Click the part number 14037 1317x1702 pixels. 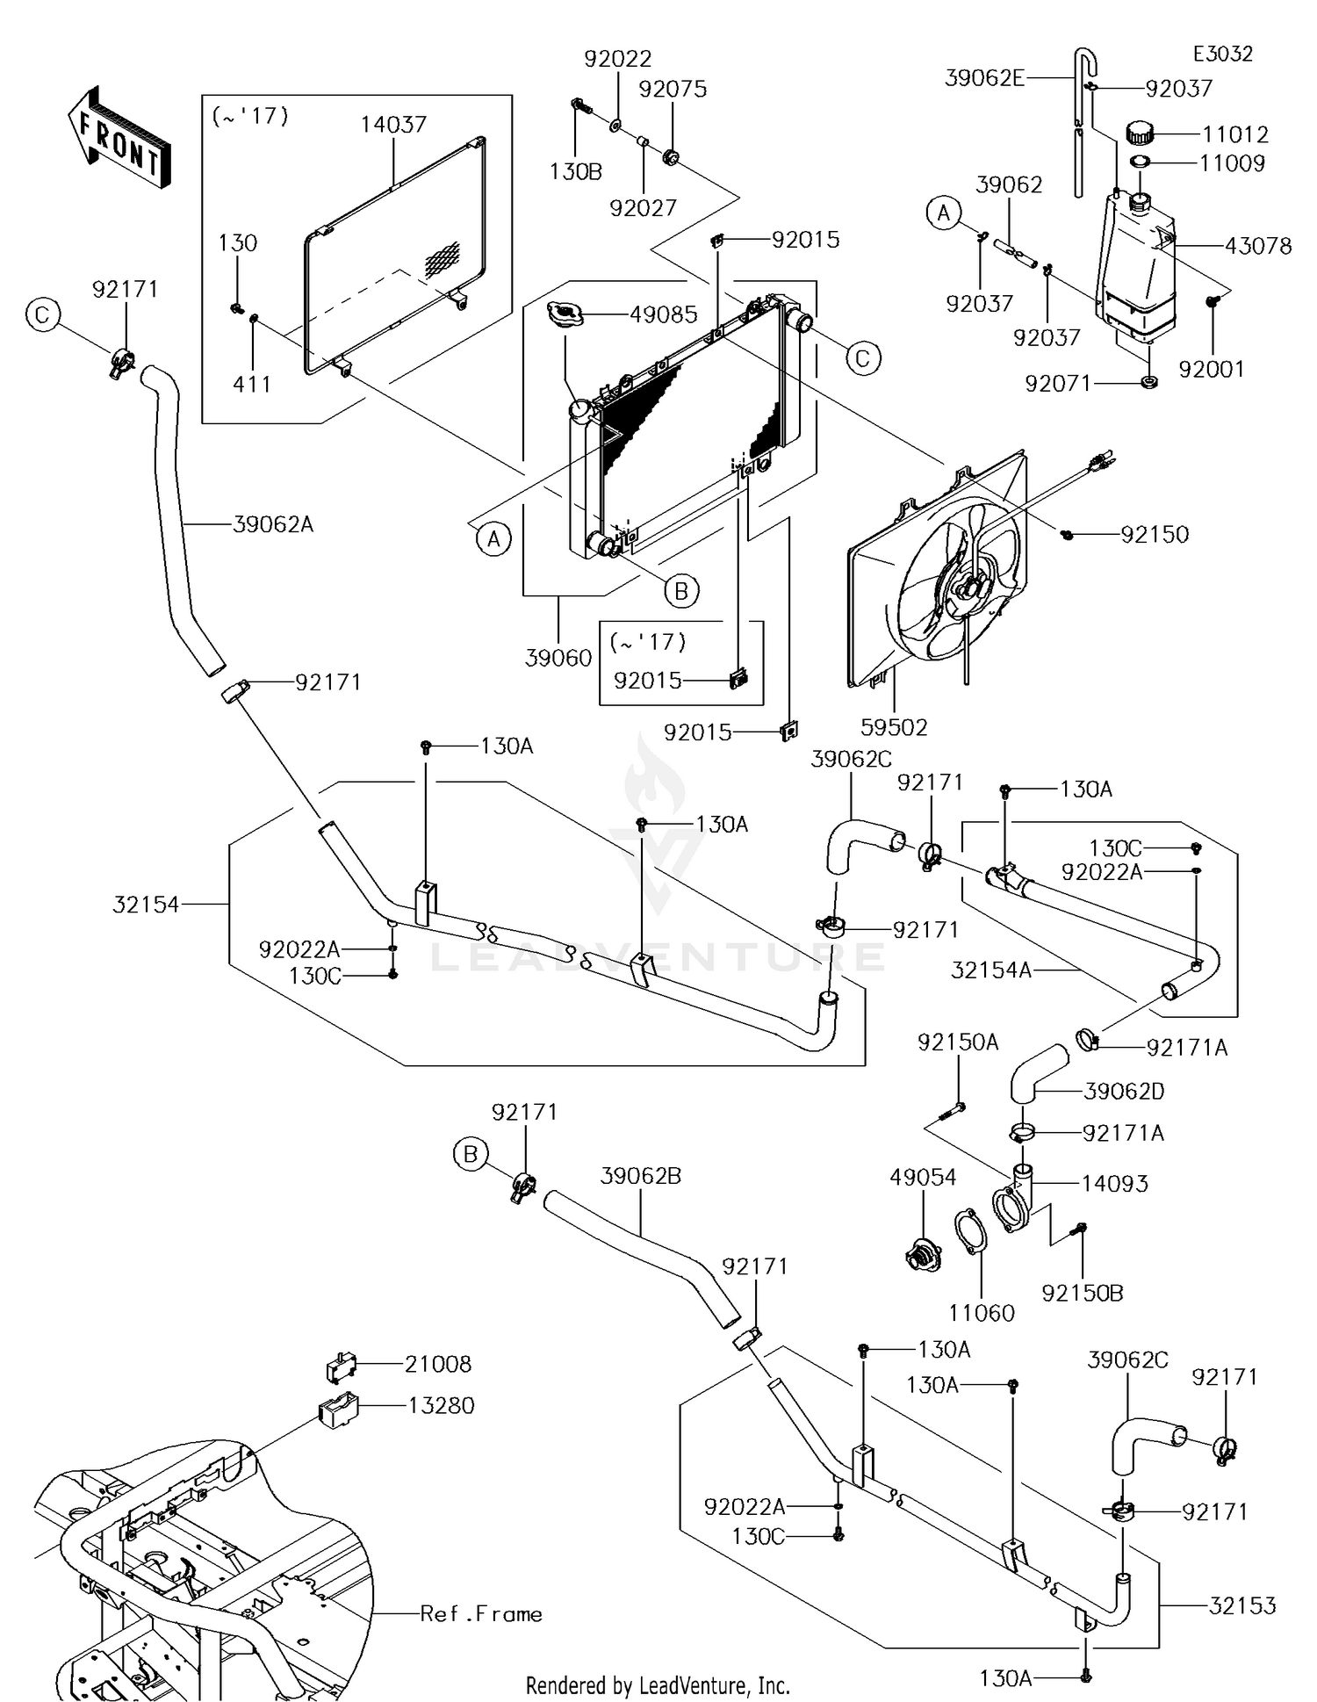[x=393, y=125]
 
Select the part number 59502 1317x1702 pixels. [x=895, y=727]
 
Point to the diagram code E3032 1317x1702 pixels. [x=1222, y=54]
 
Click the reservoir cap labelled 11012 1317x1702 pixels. [x=1139, y=133]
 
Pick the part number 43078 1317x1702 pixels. [x=1258, y=246]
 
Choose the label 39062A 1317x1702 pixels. [x=273, y=524]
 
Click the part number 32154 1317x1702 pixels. [x=146, y=904]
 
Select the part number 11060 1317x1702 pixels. [x=982, y=1313]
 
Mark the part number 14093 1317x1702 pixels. [x=1114, y=1183]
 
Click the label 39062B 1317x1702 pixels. [x=641, y=1175]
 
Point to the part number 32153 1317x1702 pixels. [x=1242, y=1605]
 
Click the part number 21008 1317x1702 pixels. [x=438, y=1364]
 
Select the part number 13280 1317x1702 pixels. [x=441, y=1405]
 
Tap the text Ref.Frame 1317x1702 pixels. [x=481, y=1613]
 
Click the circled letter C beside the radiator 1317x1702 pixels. [x=862, y=358]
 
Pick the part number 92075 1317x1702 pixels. [x=673, y=90]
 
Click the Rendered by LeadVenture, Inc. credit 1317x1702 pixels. [x=658, y=1685]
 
